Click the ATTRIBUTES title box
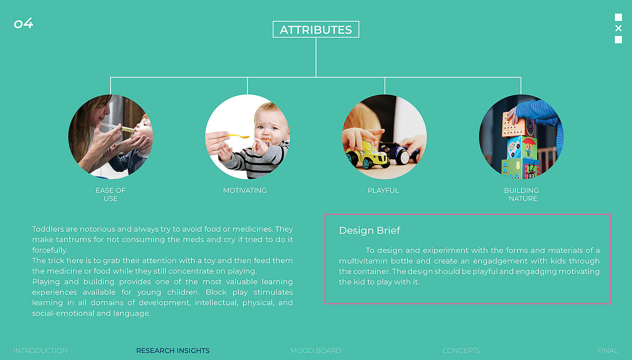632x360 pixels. pos(316,29)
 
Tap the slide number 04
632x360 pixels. pos(23,23)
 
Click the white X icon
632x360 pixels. pos(618,28)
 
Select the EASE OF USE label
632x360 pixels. pos(110,194)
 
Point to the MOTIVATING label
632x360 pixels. pos(245,190)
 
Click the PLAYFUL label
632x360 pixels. pos(383,190)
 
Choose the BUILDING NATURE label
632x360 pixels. pos(522,194)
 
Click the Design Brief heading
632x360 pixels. pos(370,230)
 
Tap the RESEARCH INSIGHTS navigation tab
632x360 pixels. pos(172,351)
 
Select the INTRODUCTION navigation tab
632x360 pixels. pos(41,351)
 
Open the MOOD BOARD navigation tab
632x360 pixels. pos(316,351)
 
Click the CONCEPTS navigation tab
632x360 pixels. pos(461,351)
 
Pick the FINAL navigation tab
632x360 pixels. pos(608,351)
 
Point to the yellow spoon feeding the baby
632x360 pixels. pos(238,136)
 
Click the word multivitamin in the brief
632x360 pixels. pos(363,261)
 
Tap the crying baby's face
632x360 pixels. pos(270,124)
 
